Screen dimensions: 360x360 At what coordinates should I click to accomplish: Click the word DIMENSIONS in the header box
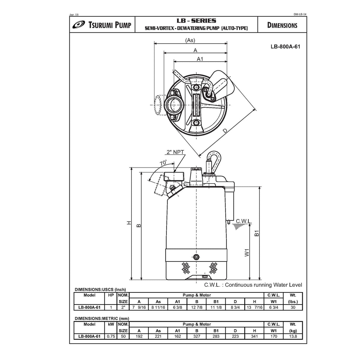coord(282,25)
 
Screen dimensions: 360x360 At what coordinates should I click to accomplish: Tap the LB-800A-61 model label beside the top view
coord(283,46)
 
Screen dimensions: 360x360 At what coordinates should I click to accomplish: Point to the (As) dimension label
coord(190,40)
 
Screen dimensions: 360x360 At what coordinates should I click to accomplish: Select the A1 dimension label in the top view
coord(200,59)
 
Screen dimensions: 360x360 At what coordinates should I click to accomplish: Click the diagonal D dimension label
coord(226,130)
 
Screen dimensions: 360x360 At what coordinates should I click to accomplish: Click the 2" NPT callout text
coord(175,152)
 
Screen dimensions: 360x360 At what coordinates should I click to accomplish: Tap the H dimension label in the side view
coord(129,223)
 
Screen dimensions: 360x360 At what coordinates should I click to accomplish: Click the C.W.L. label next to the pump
coord(244,221)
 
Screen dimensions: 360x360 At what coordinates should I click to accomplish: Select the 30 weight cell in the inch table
coord(293,308)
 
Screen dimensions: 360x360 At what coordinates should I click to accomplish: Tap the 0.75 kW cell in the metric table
coord(111,336)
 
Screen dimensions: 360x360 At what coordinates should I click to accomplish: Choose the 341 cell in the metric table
coord(254,336)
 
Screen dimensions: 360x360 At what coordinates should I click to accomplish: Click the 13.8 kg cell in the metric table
coord(293,336)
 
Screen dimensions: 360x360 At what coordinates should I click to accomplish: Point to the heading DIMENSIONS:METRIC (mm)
coord(102,318)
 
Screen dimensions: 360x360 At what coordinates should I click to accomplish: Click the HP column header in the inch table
coord(111,295)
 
